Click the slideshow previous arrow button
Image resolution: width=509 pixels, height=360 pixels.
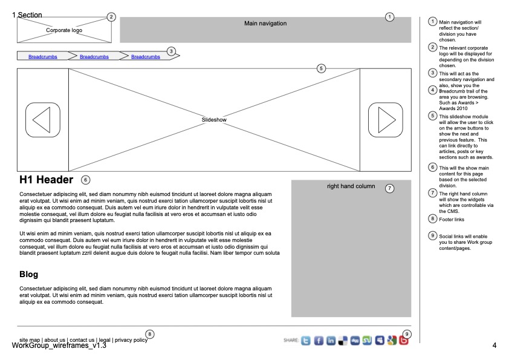[42, 120]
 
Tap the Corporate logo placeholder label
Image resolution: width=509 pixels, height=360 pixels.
[64, 30]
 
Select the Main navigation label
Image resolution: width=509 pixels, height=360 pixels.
[265, 24]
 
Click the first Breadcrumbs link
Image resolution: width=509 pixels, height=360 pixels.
[43, 57]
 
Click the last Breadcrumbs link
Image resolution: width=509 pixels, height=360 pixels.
[146, 57]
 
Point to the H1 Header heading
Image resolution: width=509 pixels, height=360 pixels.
[46, 180]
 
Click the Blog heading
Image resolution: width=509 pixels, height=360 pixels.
[29, 275]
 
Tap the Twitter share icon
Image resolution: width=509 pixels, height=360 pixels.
[306, 341]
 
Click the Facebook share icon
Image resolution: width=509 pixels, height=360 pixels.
[319, 341]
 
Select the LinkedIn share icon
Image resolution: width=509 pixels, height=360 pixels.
[331, 341]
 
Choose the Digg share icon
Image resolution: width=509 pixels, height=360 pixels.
[355, 341]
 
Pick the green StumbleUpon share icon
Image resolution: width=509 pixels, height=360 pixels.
[367, 341]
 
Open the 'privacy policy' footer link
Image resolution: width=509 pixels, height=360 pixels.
[131, 340]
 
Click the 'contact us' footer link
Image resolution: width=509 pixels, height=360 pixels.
[82, 340]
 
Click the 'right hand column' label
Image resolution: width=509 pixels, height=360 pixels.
[351, 186]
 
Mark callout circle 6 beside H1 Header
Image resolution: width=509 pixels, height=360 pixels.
[85, 180]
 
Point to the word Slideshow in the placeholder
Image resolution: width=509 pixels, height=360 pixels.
[214, 120]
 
